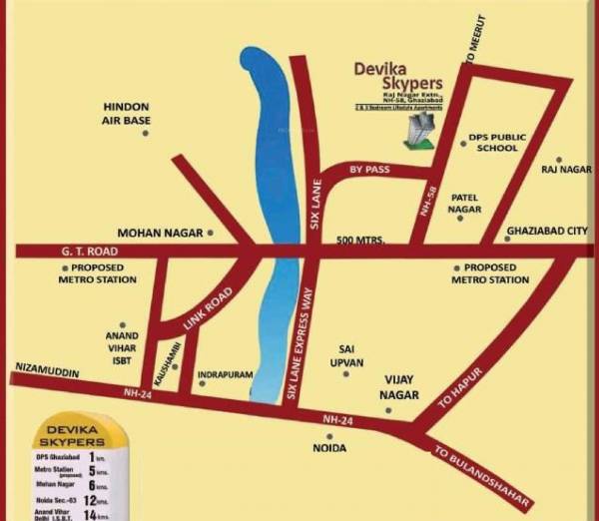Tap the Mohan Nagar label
pos(160,232)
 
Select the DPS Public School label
pos(497,142)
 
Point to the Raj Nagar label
pos(567,170)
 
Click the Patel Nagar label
pos(465,204)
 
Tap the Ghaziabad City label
pos(547,231)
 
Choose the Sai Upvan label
pos(346,354)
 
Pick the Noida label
pos(328,448)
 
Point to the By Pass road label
pos(368,171)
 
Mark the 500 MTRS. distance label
pos(360,240)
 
